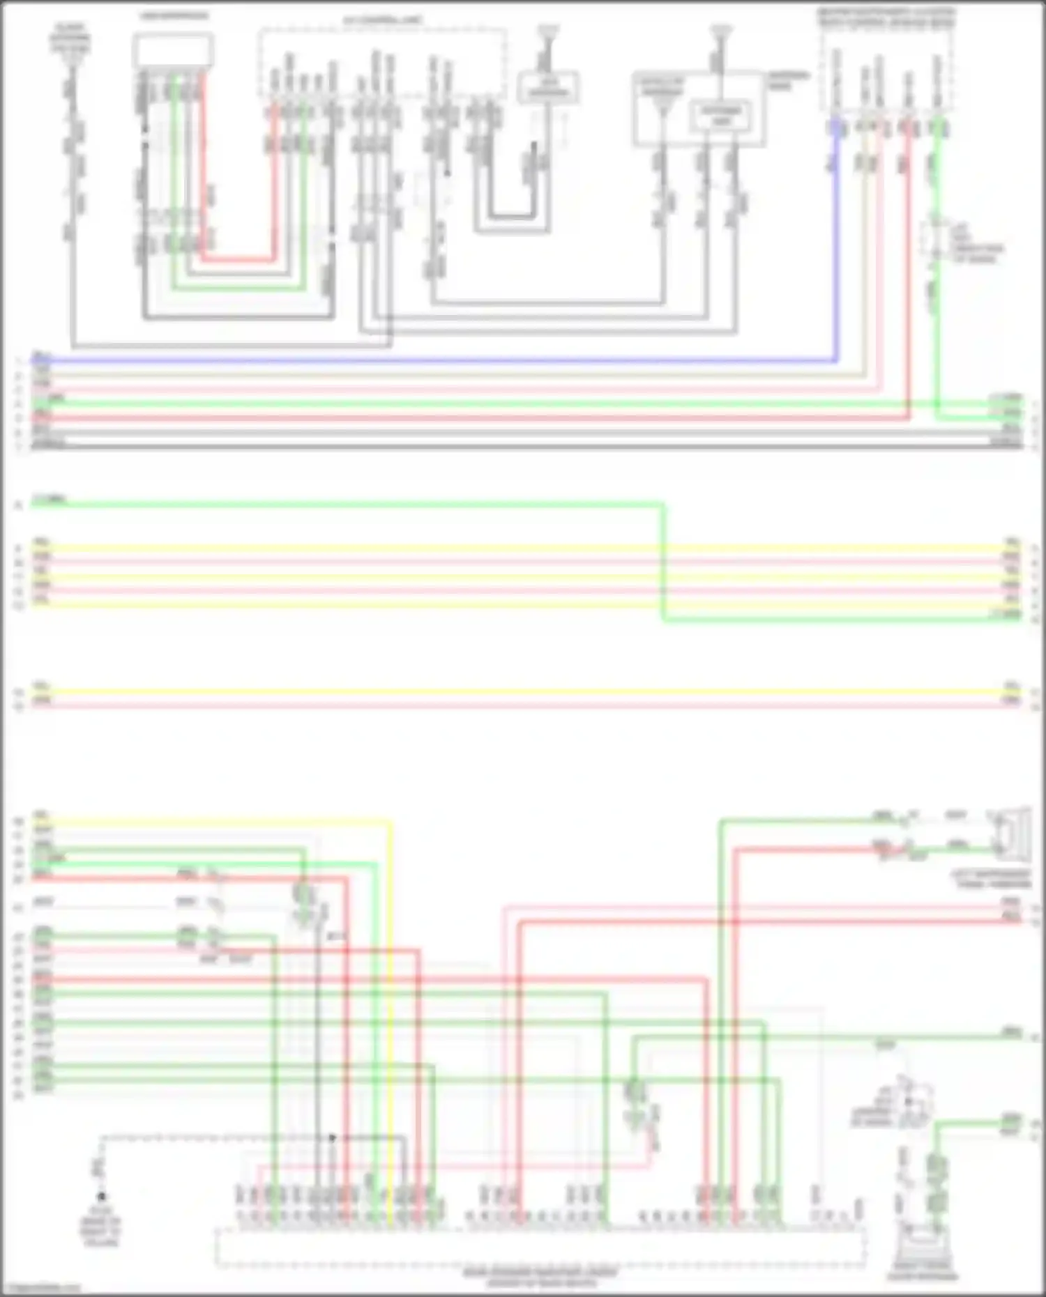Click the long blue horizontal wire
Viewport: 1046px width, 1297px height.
[432, 361]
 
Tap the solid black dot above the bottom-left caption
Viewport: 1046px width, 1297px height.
[102, 1196]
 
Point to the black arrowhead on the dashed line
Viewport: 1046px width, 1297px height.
[333, 1137]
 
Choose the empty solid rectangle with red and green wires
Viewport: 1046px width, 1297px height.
[173, 50]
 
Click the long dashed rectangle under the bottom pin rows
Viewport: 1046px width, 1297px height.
[540, 1248]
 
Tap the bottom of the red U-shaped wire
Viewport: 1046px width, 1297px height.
[237, 260]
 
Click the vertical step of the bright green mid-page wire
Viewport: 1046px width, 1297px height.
[663, 561]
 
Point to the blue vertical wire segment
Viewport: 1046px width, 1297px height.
[836, 244]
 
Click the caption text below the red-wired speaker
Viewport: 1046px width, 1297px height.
[994, 879]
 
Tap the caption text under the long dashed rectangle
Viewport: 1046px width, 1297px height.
[540, 1277]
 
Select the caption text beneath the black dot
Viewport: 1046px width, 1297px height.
[100, 1231]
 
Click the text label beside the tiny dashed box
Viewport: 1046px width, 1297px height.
[976, 248]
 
